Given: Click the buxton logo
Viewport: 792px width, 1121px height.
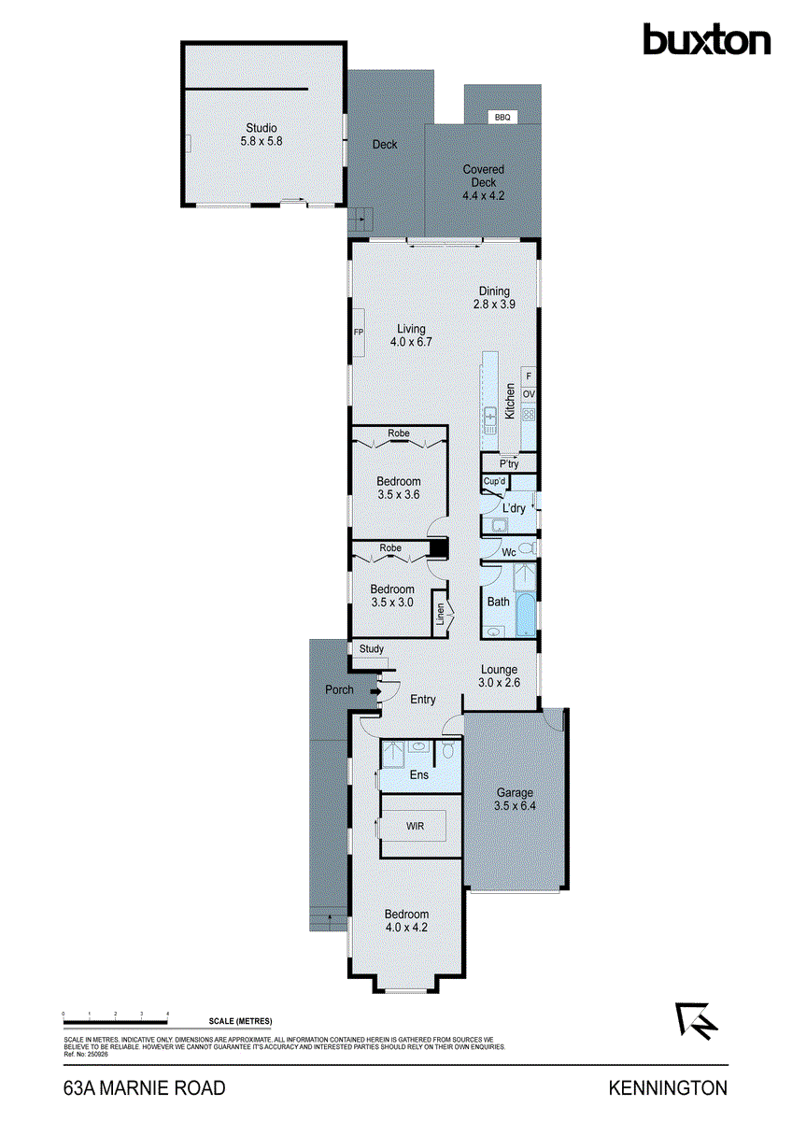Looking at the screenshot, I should (706, 40).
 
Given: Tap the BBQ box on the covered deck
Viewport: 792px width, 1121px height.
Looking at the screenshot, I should (502, 117).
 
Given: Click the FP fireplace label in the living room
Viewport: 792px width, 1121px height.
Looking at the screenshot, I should (358, 332).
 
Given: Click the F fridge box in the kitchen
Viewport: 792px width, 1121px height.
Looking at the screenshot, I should (529, 376).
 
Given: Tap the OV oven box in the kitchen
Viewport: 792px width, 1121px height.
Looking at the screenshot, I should (529, 395).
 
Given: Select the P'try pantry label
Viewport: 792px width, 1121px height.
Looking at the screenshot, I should (509, 464).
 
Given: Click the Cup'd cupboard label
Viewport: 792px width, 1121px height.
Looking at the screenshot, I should (494, 482).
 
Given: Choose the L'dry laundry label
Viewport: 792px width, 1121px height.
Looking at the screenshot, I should (514, 508).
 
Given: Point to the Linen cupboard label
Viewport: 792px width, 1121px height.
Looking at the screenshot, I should (439, 617).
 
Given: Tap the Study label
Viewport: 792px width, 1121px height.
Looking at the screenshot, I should (371, 649).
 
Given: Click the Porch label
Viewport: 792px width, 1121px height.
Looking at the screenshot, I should (339, 689).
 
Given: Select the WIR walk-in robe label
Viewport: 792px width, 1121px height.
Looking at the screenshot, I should (416, 827).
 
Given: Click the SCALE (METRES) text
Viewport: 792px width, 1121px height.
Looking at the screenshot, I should (241, 1021).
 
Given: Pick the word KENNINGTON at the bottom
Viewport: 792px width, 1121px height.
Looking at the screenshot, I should (668, 1088).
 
